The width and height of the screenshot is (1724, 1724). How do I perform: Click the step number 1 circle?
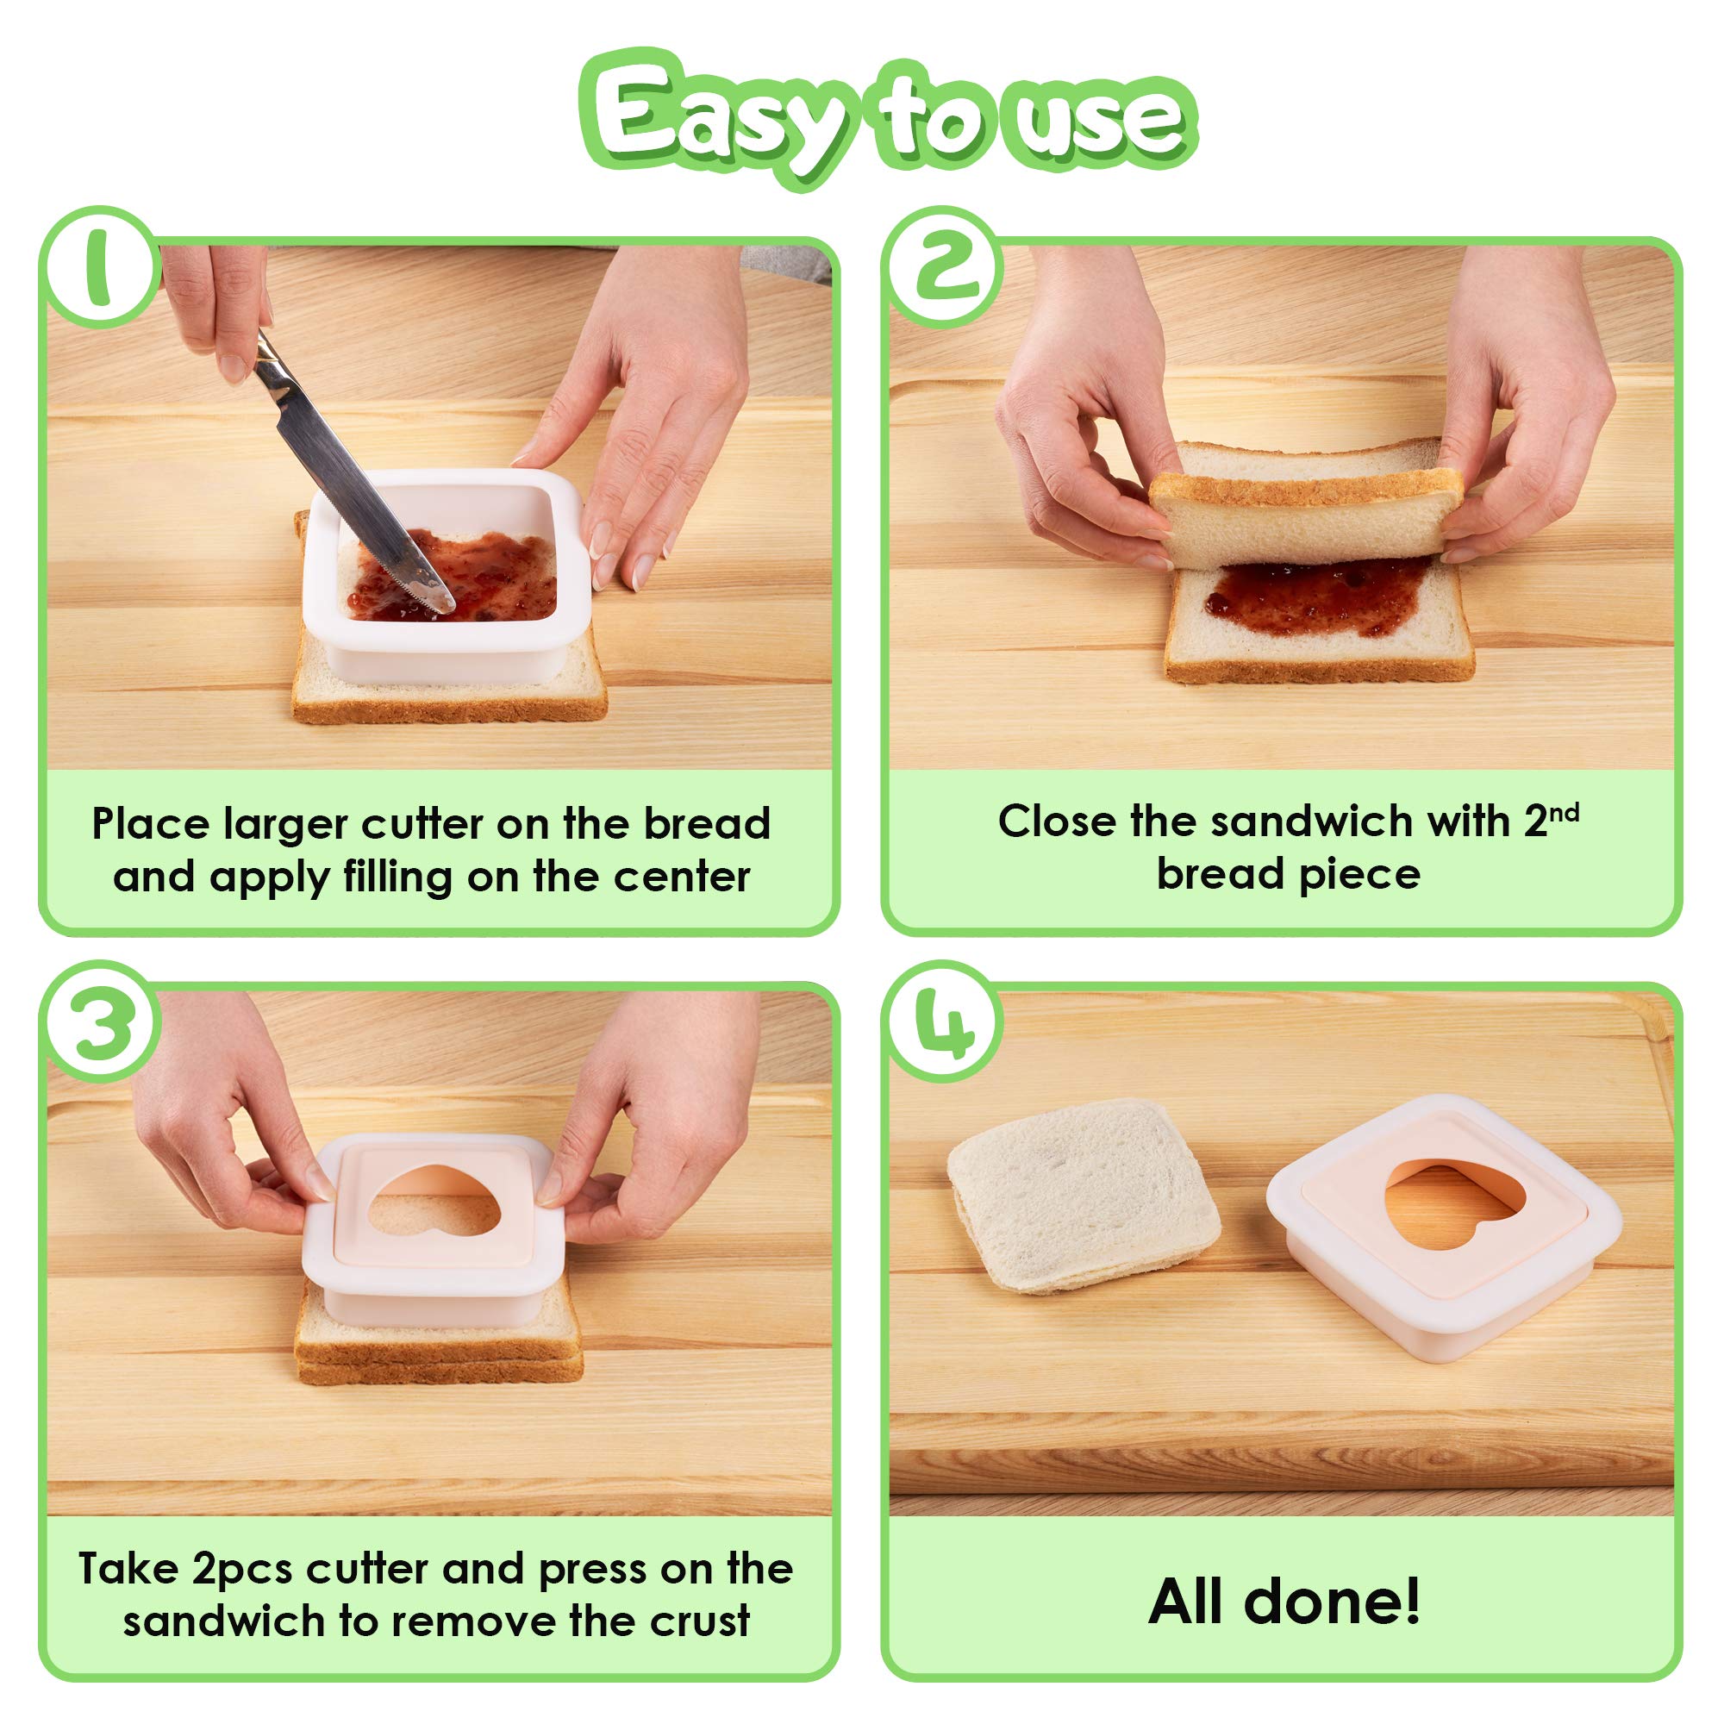[x=100, y=268]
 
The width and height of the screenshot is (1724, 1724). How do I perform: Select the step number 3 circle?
[x=101, y=1021]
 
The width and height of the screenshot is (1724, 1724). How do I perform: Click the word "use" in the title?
[x=1093, y=121]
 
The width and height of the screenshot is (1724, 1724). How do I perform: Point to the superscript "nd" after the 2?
[x=1565, y=812]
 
